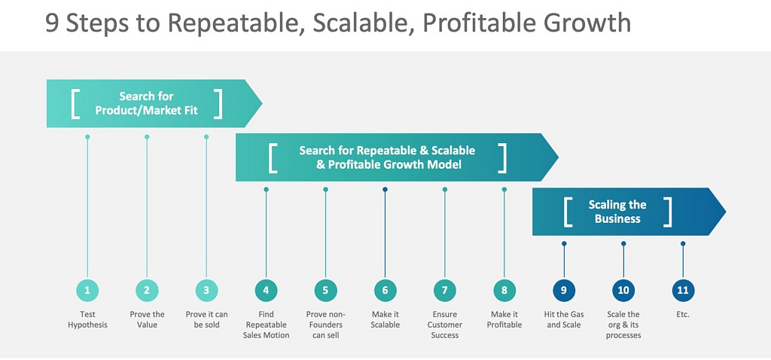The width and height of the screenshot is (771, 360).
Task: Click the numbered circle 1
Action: click(x=87, y=290)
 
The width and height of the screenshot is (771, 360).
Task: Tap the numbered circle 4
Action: click(x=266, y=290)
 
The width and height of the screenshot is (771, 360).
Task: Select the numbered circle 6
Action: click(x=385, y=290)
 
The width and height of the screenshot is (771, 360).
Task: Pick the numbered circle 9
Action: click(x=564, y=290)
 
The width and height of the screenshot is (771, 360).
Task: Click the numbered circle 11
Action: click(x=683, y=290)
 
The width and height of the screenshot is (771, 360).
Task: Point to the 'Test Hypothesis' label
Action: click(x=87, y=319)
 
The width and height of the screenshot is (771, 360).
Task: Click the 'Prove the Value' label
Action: click(x=147, y=319)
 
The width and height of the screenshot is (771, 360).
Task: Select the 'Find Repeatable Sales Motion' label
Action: click(x=266, y=325)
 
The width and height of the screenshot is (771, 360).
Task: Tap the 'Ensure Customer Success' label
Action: click(x=444, y=325)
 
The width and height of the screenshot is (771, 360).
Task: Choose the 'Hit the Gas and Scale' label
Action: click(x=564, y=319)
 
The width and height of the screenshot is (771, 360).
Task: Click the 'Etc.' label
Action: click(x=683, y=314)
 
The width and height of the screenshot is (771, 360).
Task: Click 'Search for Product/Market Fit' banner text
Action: click(x=146, y=103)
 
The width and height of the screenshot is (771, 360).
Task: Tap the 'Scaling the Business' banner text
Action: click(x=617, y=212)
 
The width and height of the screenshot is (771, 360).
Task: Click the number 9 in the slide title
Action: click(x=52, y=23)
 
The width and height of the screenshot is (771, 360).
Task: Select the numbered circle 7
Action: click(x=444, y=290)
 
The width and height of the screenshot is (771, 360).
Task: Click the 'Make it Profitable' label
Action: click(x=504, y=319)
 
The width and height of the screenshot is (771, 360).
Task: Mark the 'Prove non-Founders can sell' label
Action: click(x=325, y=325)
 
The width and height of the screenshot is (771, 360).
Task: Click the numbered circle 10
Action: click(x=623, y=290)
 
